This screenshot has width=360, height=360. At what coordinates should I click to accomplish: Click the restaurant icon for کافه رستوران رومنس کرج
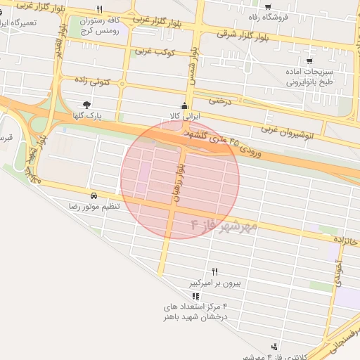coord(100,10)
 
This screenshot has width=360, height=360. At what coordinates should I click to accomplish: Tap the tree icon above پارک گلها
coord(86,105)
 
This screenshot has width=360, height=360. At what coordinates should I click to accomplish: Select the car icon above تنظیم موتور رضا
coord(94,195)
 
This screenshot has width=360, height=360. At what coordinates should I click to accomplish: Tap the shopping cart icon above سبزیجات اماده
coord(309,61)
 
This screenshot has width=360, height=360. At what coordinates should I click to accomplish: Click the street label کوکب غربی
coord(155,51)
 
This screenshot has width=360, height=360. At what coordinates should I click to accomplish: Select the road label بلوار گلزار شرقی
coord(224,33)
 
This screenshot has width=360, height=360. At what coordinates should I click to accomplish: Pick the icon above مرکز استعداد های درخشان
coord(195,297)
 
